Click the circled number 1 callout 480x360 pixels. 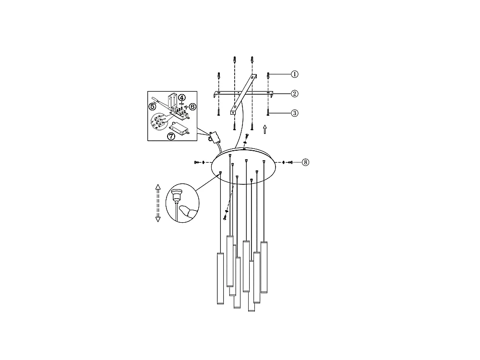tap(295, 74)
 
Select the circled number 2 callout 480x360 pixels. tap(295, 93)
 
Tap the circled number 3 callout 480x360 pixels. tap(295, 113)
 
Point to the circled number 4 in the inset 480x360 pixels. tap(182, 97)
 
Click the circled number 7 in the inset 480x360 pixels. tap(171, 136)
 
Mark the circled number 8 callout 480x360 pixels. tap(305, 162)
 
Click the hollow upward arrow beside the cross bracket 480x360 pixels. tap(265, 129)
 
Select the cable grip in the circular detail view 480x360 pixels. tap(175, 195)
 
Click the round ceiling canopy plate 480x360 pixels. tap(245, 166)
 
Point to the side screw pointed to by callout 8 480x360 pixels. tap(290, 162)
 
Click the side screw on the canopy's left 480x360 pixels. tap(197, 162)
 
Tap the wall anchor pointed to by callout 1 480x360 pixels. tap(268, 75)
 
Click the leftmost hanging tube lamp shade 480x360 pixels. tap(220, 278)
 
